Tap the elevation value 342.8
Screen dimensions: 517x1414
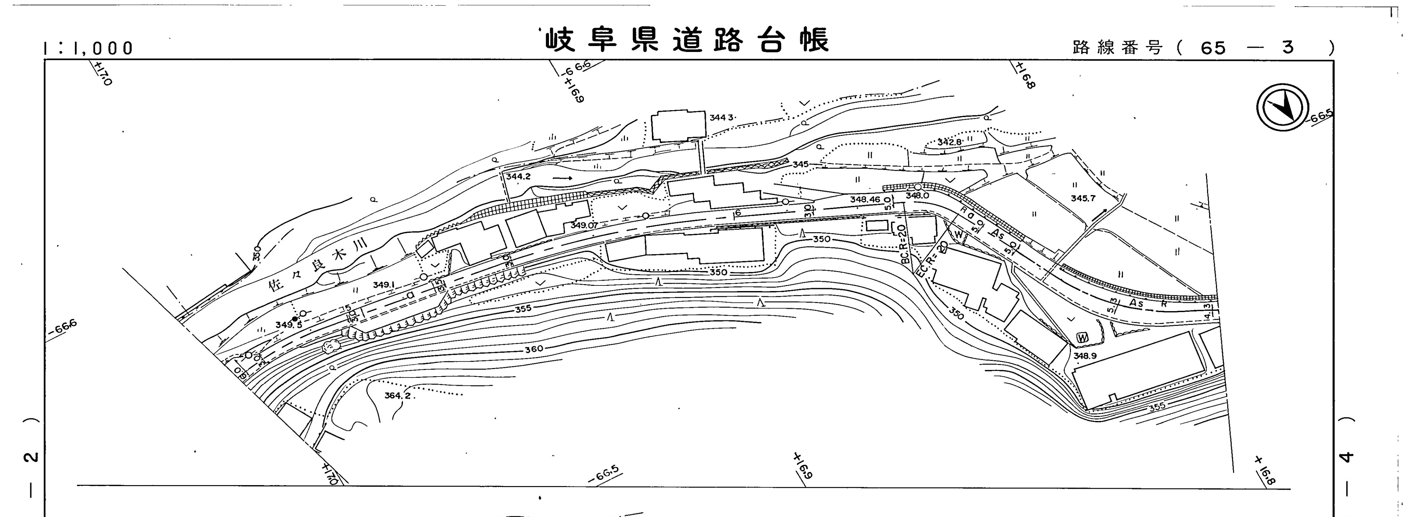[949, 142]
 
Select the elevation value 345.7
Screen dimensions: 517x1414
[1083, 198]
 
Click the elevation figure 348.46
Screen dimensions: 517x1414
[865, 200]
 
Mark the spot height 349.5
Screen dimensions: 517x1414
[289, 325]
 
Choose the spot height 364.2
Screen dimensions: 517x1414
[397, 396]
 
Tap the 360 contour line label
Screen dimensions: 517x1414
[533, 349]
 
